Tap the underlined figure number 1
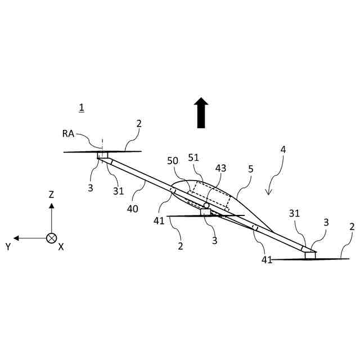[82, 107]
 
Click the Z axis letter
[51, 195]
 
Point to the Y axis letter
[8, 246]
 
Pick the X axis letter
[61, 247]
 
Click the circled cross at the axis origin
[51, 238]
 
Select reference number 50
[173, 161]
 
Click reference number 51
[194, 157]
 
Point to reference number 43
[220, 168]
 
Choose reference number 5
[251, 168]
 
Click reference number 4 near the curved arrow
[283, 150]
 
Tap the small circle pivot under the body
[206, 206]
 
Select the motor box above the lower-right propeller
[309, 255]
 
